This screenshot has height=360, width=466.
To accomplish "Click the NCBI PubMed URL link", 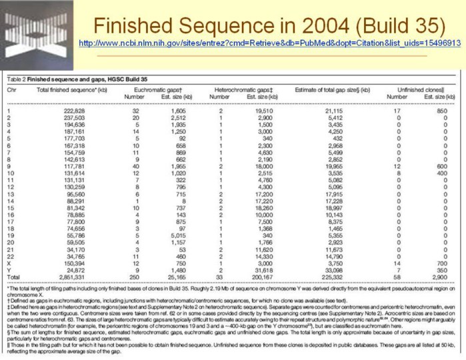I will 270,43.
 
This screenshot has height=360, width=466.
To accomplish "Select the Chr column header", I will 12,88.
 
